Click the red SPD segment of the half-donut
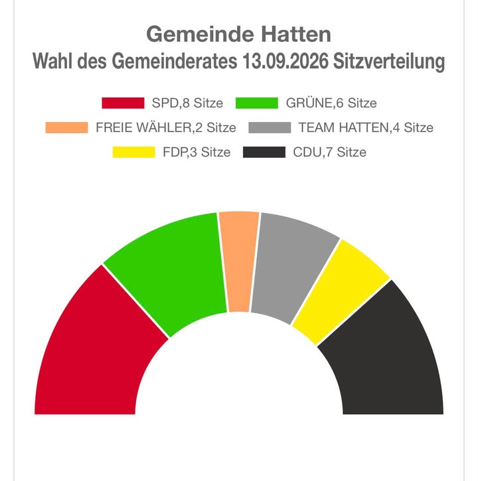click(x=92, y=353)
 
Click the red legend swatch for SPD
click(x=123, y=103)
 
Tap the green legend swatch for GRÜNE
click(x=257, y=103)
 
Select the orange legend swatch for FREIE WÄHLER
click(x=66, y=127)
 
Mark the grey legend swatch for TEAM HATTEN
click(x=270, y=127)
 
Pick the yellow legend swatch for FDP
click(x=134, y=152)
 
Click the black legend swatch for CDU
click(x=264, y=152)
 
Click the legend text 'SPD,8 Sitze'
click(x=187, y=103)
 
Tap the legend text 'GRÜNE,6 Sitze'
click(x=331, y=103)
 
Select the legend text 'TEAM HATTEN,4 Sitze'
click(x=366, y=127)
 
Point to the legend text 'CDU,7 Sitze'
click(x=330, y=152)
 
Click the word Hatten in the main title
click(x=296, y=34)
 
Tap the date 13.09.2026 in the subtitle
click(x=285, y=61)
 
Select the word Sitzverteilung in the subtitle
click(x=389, y=62)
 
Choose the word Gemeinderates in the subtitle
click(x=175, y=61)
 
